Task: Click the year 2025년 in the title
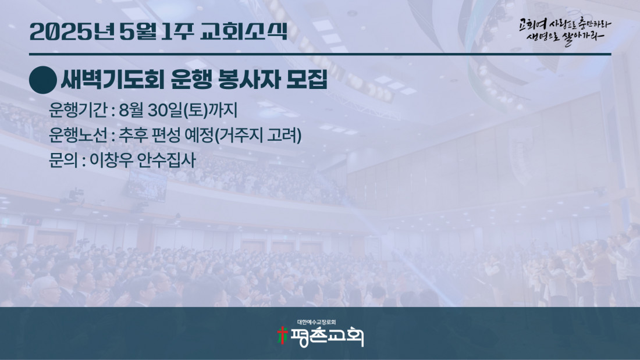click(x=72, y=32)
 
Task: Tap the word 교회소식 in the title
click(x=244, y=31)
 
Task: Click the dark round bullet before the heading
click(x=43, y=80)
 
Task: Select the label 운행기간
click(x=77, y=110)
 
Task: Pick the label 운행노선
click(x=77, y=135)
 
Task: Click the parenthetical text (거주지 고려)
click(x=258, y=135)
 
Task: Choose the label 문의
click(x=63, y=160)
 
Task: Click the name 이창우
click(x=111, y=160)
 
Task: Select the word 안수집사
click(x=166, y=160)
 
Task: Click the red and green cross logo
click(x=282, y=336)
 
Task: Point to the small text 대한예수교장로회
click(x=317, y=322)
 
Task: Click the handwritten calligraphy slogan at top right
click(x=564, y=32)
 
